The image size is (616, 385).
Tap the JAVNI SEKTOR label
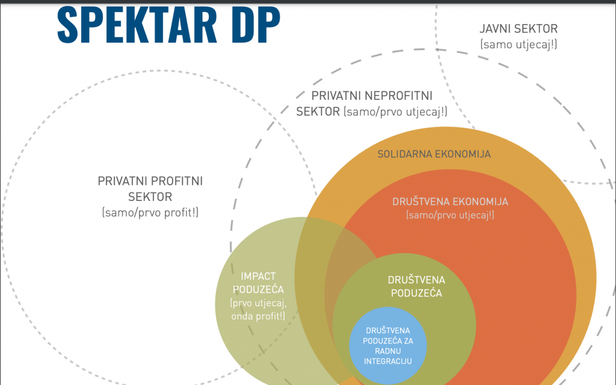coord(519,28)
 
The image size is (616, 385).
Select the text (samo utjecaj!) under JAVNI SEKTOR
coord(519,43)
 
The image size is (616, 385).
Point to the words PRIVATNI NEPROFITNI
coord(372,96)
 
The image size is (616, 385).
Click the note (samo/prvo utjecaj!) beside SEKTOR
coord(395,112)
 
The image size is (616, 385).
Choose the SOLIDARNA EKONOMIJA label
coord(434,154)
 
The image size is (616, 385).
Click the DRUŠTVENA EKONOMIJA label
coord(450,202)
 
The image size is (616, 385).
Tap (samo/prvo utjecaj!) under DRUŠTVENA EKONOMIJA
coord(450,215)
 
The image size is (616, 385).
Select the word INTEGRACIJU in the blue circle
coord(388,361)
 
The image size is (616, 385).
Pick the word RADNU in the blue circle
coord(388,351)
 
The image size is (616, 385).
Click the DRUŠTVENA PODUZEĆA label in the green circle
coord(416,286)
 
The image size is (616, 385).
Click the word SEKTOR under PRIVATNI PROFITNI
coord(150,196)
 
